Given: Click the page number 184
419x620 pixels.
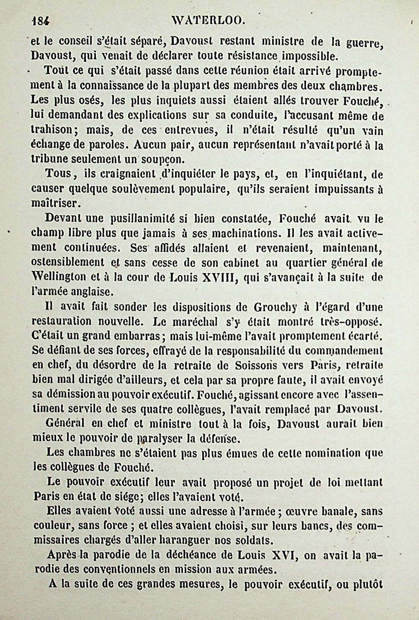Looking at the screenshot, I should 40,22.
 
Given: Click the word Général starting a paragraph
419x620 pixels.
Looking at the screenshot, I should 65,424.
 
